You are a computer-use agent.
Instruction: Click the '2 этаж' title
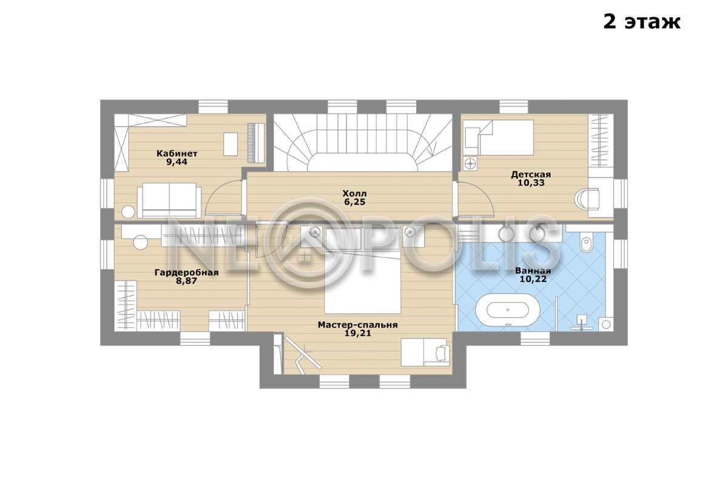642,22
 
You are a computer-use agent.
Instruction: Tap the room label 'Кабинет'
177,153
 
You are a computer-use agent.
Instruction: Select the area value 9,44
177,162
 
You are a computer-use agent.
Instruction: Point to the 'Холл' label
354,193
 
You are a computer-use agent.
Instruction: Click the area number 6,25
355,202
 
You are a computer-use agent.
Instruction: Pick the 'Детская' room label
531,175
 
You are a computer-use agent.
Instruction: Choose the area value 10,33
531,182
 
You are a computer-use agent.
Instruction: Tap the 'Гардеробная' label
187,272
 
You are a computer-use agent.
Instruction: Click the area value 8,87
187,281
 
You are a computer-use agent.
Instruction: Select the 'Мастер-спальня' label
358,325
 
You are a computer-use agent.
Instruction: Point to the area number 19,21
358,333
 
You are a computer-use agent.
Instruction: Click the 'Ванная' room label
533,270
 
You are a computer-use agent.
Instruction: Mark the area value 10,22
533,279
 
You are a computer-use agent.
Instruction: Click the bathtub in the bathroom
508,310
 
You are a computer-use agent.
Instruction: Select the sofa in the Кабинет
169,201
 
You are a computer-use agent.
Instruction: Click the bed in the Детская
499,138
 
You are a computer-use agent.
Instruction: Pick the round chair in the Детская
587,198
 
